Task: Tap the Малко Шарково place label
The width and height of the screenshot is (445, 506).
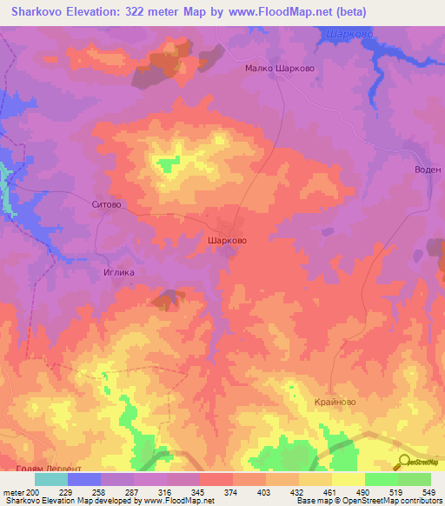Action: tap(279, 69)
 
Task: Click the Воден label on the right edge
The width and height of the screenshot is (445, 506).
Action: tap(428, 170)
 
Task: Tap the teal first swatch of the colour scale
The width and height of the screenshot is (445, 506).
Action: tap(51, 479)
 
